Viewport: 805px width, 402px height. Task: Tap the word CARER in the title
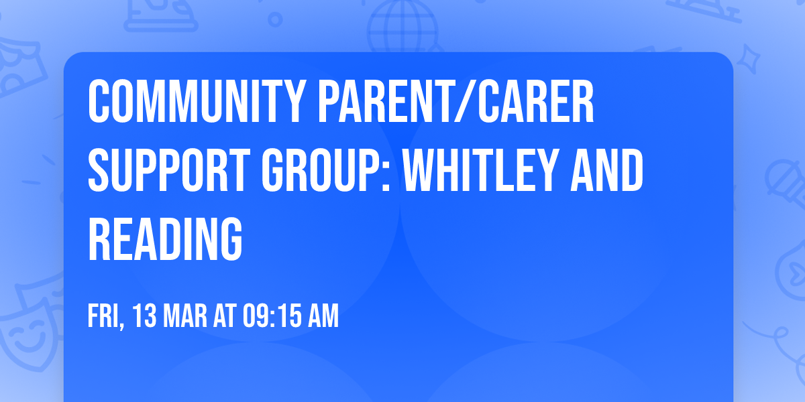point(544,101)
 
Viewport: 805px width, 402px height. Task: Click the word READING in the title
point(165,239)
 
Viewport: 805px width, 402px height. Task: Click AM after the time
point(323,316)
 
